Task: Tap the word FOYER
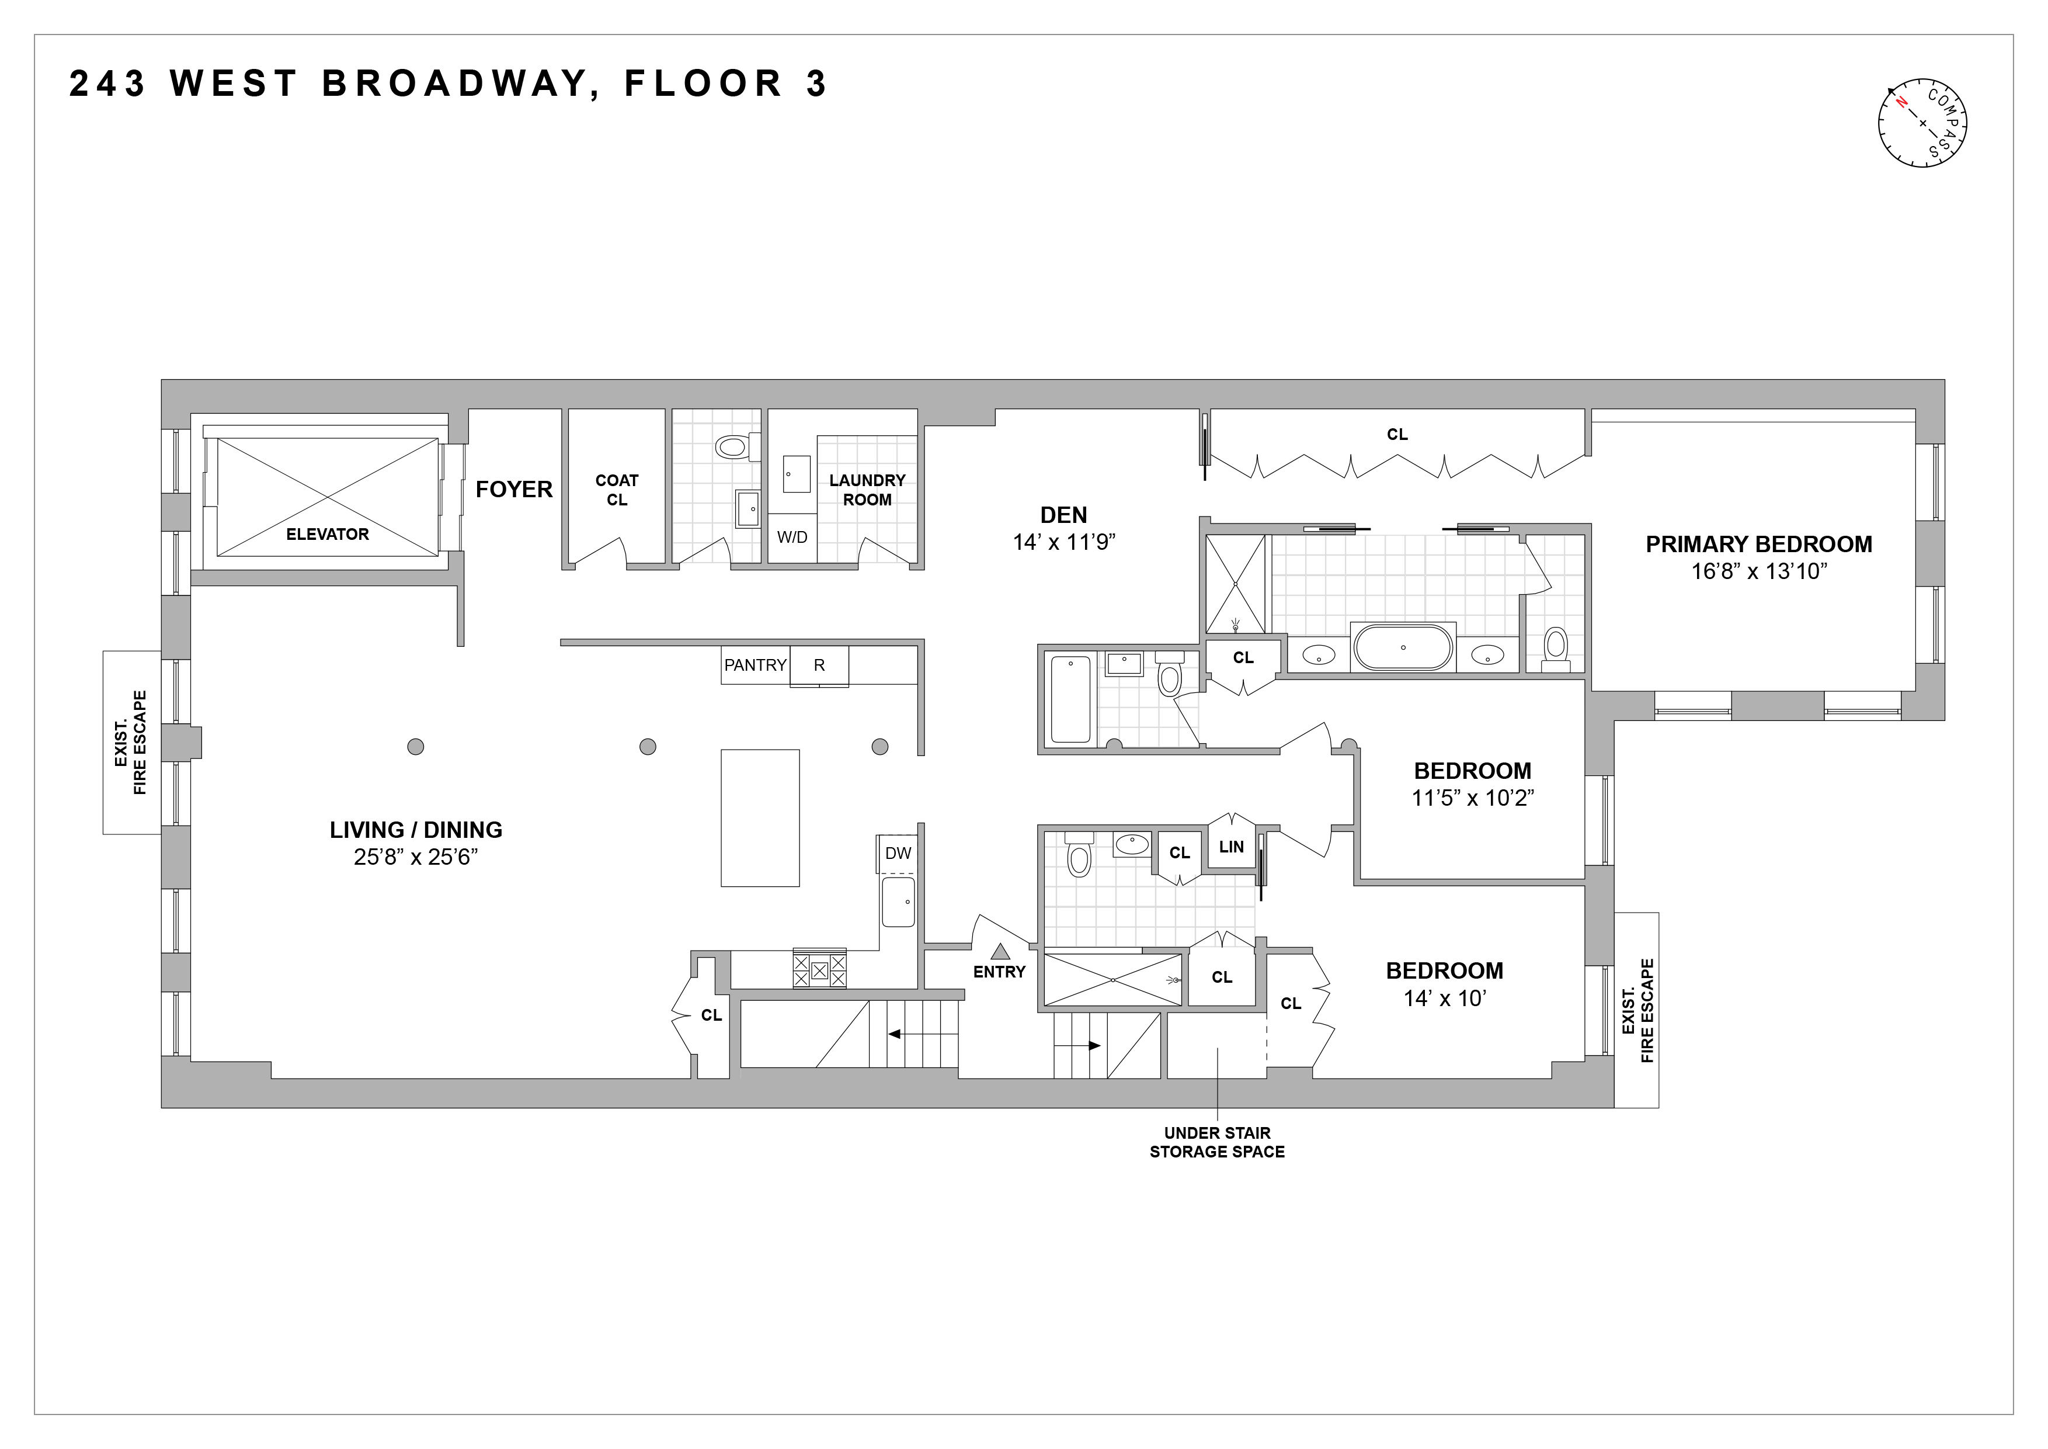pyautogui.click(x=514, y=490)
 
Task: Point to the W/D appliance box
pyautogui.click(x=792, y=537)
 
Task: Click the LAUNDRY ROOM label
pyautogui.click(x=867, y=490)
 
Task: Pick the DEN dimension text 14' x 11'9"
pyautogui.click(x=1064, y=542)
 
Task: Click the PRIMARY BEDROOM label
pyautogui.click(x=1758, y=545)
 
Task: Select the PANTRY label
pyautogui.click(x=754, y=665)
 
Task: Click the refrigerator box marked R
pyautogui.click(x=819, y=665)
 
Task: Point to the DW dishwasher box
pyautogui.click(x=898, y=854)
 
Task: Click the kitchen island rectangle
pyautogui.click(x=760, y=818)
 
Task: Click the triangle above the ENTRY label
pyautogui.click(x=999, y=952)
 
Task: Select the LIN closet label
pyautogui.click(x=1231, y=847)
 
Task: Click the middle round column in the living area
pyautogui.click(x=648, y=747)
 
